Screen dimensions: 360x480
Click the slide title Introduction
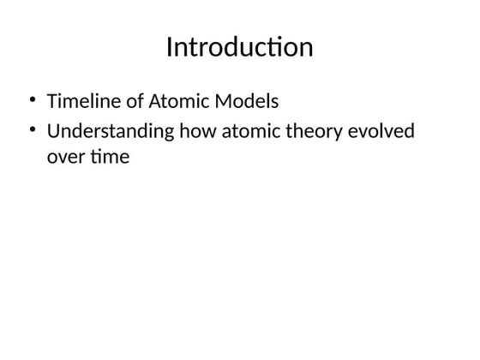(239, 47)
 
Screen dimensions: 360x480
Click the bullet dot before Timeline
(33, 101)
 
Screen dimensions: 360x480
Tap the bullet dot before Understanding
(33, 131)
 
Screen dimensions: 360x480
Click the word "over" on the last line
(63, 158)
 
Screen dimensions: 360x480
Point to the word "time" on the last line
(108, 157)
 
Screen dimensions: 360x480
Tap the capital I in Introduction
(170, 47)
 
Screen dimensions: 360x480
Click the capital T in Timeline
(51, 102)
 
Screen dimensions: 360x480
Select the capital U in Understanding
(53, 132)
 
